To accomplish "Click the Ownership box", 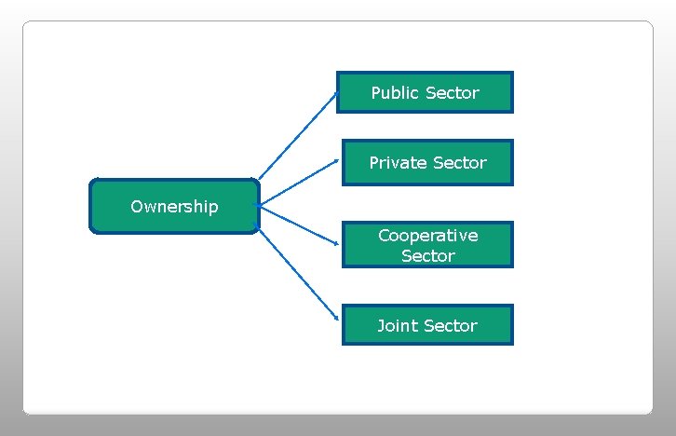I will (x=174, y=206).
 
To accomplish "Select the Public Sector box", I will (x=425, y=92).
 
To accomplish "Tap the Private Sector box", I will (x=427, y=163).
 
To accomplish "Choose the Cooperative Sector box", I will (x=427, y=245).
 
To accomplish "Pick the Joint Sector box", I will (x=427, y=325).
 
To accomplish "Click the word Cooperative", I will (x=427, y=236).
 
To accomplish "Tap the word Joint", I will (x=398, y=325).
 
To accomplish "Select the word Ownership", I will (x=174, y=207).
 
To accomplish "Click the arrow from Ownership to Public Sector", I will (x=297, y=135).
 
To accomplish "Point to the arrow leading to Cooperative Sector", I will (x=298, y=225).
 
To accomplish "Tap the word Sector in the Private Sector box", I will (x=457, y=163).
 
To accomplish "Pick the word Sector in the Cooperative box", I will (x=427, y=255).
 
